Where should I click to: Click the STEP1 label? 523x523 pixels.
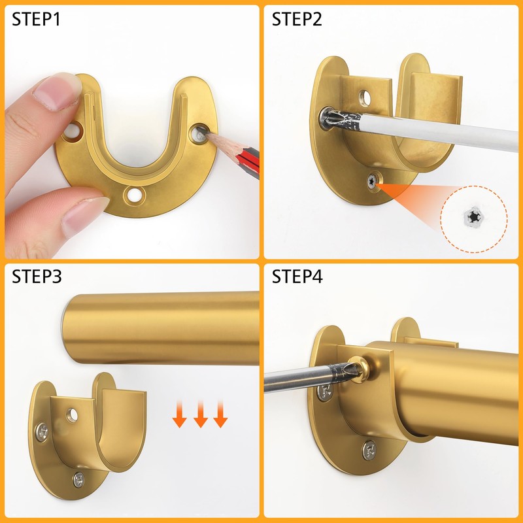(37, 20)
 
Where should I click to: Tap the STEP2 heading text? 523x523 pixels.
(297, 20)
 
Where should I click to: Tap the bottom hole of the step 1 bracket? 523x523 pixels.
(136, 195)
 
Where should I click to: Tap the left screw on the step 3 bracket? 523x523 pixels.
(42, 431)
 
